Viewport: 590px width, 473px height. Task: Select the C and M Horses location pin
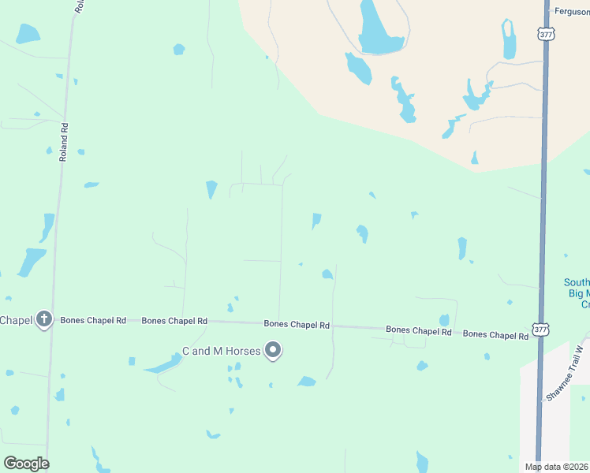273,350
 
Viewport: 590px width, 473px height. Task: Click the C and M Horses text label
222,351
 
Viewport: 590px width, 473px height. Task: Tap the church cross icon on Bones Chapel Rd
44,319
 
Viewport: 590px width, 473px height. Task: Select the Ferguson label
572,12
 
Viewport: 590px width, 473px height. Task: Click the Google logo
26,464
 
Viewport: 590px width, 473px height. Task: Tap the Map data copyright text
556,467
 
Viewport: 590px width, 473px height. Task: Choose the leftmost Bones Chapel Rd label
94,321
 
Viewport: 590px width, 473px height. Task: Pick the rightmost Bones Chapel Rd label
495,335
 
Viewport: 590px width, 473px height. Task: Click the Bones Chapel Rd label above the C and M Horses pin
297,324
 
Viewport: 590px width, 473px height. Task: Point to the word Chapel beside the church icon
15,319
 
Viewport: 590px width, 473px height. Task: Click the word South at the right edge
577,283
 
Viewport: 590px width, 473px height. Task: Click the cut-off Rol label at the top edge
79,6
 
